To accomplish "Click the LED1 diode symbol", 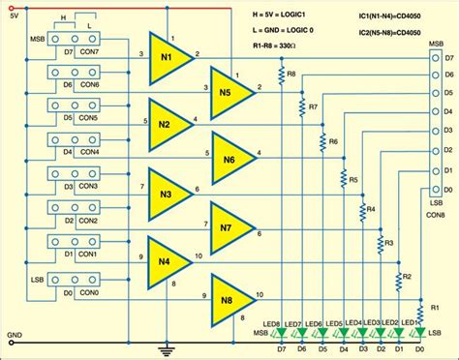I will [x=418, y=333].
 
